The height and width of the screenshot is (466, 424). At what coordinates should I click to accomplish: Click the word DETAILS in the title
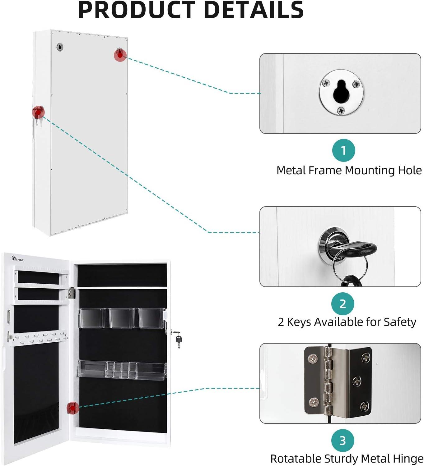pos(254,10)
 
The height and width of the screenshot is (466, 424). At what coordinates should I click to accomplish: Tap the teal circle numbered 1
pos(343,151)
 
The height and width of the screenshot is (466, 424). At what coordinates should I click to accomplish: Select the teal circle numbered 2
pos(342,304)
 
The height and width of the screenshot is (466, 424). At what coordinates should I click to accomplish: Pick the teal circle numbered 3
pos(342,441)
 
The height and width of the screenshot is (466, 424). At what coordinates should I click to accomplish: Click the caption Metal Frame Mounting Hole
pos(349,170)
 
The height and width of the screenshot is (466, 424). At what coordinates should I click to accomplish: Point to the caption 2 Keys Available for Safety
pos(347,322)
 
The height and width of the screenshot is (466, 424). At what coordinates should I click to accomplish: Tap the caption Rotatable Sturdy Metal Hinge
pos(347,459)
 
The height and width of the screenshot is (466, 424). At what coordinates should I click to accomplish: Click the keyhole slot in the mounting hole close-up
pos(341,92)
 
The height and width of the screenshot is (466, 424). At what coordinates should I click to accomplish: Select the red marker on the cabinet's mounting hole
pos(120,55)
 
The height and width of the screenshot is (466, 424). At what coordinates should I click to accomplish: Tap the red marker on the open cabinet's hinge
pos(73,408)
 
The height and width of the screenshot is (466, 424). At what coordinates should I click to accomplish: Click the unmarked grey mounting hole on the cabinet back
pos(60,47)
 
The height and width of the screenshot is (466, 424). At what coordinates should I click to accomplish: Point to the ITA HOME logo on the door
pos(18,258)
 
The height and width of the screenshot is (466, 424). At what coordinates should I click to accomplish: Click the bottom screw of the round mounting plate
pos(341,110)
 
